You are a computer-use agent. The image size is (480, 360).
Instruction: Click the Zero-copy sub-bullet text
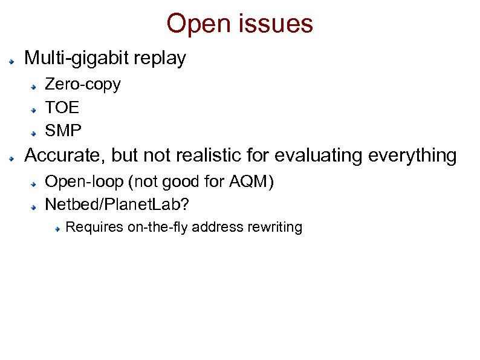83,84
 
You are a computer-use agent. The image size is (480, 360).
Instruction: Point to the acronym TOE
62,108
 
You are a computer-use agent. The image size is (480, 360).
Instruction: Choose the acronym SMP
63,131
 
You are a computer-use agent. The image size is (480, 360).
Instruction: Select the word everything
414,156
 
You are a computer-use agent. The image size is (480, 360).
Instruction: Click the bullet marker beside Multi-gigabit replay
11,61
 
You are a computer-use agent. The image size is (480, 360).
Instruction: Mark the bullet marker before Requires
56,229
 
